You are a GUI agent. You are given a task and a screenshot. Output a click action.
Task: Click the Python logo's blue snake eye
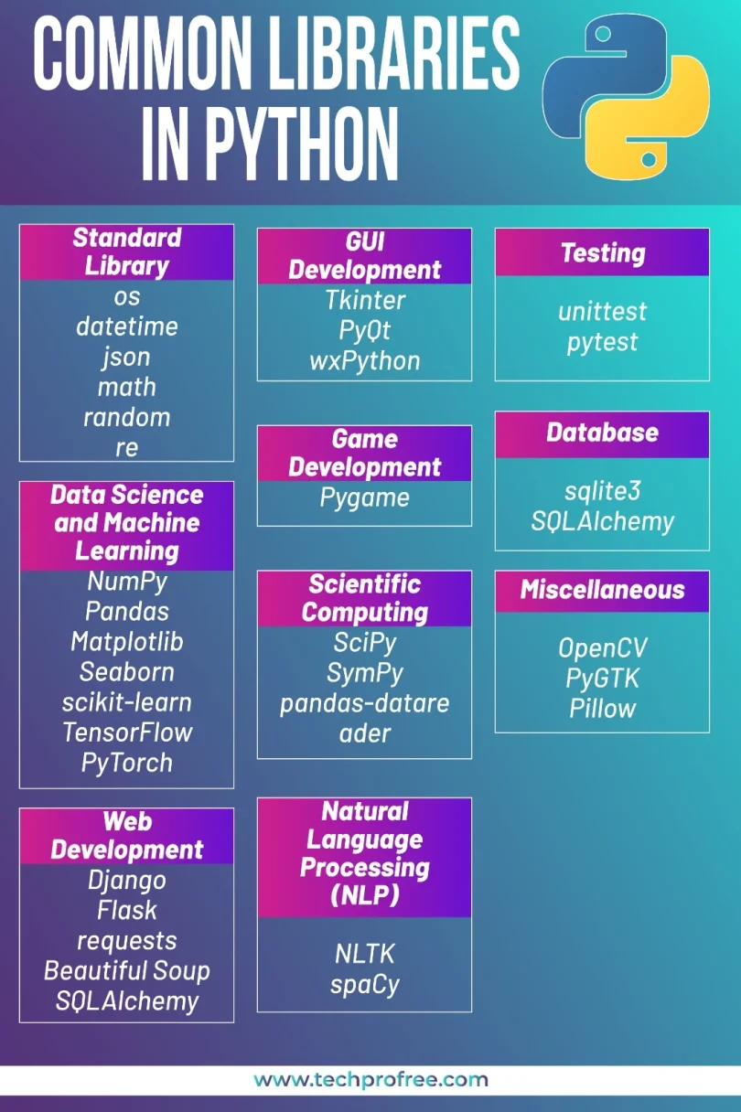tap(603, 34)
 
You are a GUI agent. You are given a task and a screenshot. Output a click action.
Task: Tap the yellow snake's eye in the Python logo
tap(648, 160)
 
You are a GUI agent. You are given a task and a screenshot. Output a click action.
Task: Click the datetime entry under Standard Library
tap(127, 326)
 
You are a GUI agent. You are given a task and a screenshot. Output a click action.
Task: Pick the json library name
tap(126, 358)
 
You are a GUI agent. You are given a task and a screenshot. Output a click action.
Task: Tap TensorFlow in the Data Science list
tap(127, 732)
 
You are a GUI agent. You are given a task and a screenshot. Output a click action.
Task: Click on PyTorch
tap(127, 763)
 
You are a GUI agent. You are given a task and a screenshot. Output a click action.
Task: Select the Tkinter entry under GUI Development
tap(365, 300)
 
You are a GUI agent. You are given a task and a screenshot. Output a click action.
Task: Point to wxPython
tap(365, 361)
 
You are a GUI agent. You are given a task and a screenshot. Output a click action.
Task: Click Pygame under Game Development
tap(365, 497)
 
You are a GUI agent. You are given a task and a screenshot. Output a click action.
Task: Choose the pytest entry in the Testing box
tap(603, 343)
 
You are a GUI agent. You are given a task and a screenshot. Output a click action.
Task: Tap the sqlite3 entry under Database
tap(603, 491)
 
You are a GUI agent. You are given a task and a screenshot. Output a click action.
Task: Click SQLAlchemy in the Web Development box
tap(127, 1001)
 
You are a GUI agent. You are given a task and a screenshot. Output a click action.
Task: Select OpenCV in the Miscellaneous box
tap(603, 647)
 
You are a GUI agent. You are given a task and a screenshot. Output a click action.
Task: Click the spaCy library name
tap(365, 985)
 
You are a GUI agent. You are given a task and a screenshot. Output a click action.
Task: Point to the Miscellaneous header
tap(603, 590)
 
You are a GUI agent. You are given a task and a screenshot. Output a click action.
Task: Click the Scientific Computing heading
tap(365, 598)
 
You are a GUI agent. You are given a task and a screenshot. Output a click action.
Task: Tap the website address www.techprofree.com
tap(370, 1080)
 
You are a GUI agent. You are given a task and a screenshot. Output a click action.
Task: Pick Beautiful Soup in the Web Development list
tap(127, 971)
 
